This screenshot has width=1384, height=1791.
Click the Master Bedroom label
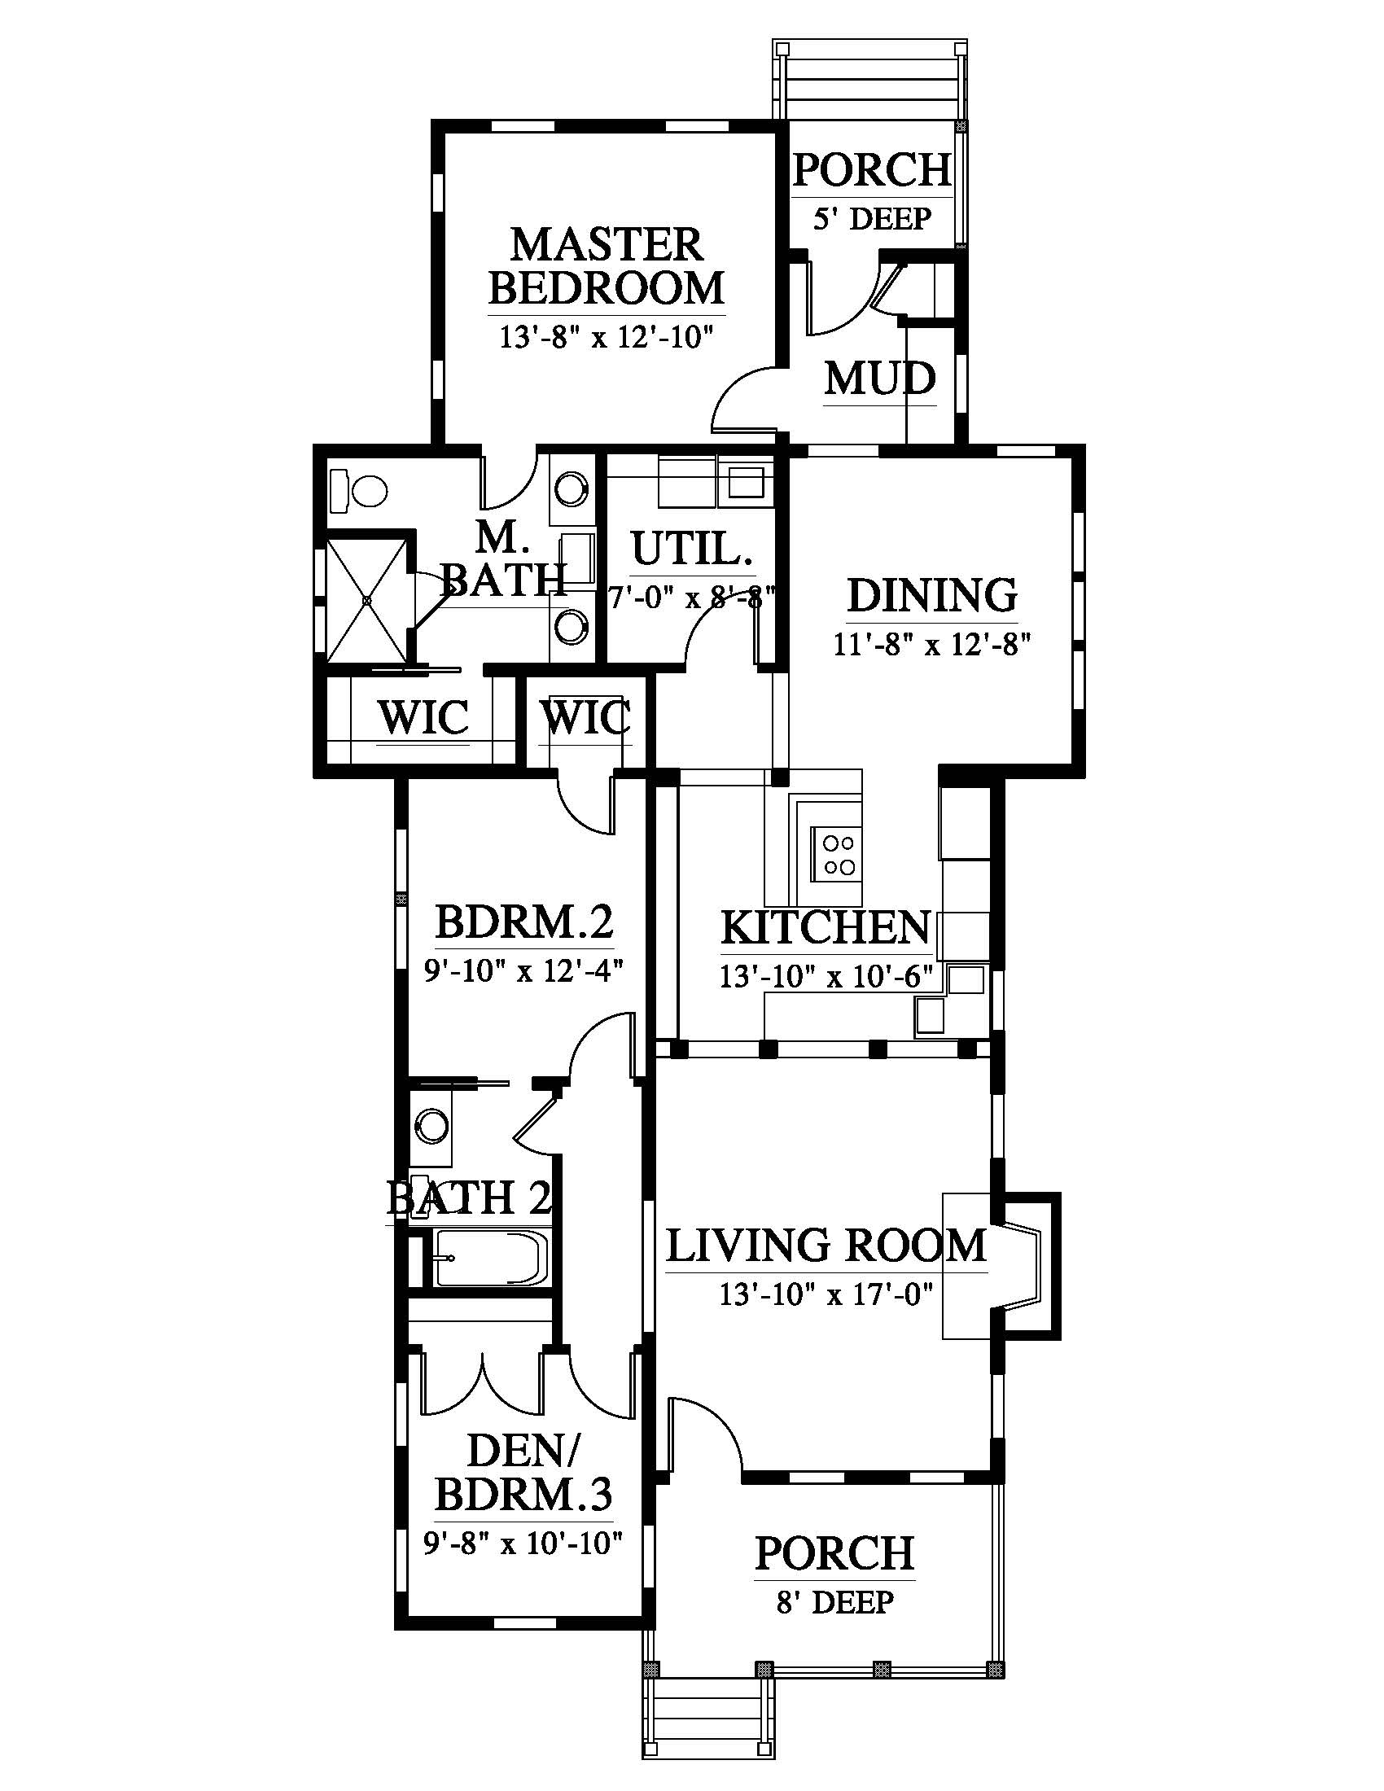[x=607, y=266]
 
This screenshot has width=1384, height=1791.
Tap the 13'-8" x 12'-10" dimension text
[x=607, y=336]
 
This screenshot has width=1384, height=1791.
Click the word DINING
[x=931, y=596]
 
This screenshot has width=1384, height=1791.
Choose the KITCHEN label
[x=826, y=927]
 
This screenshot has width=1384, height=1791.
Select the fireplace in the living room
[x=1023, y=1266]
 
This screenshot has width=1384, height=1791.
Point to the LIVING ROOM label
[x=826, y=1246]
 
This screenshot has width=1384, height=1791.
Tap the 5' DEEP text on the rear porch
[x=873, y=219]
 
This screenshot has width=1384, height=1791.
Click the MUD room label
[x=880, y=379]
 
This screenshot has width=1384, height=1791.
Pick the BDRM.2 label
[x=524, y=922]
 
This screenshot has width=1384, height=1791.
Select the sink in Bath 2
[x=430, y=1125]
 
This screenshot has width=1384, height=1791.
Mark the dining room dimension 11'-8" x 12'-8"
[x=931, y=646]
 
